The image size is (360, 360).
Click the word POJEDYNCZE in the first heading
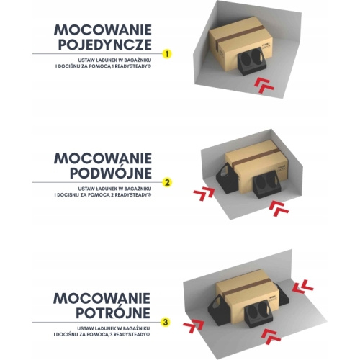pos(105,45)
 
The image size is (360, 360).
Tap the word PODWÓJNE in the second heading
pos(111,173)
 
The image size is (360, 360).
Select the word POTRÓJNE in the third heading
pos(113,312)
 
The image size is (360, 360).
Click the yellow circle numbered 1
pos(167,53)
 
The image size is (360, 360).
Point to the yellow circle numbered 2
pos(167,182)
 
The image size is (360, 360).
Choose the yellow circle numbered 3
pos(166,322)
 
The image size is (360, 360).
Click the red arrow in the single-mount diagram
pos(264,85)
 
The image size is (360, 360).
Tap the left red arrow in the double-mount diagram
pos(204,194)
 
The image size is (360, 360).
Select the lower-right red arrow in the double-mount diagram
pos(279,210)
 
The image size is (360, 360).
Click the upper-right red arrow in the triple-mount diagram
pos(303,287)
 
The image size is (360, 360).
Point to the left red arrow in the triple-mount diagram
pos(194,326)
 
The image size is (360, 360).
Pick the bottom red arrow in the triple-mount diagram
pos(271,337)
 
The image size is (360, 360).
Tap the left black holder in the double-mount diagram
pos(226,178)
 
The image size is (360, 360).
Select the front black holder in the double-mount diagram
pos(266,186)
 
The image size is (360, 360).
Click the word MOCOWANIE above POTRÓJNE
pos(102,298)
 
